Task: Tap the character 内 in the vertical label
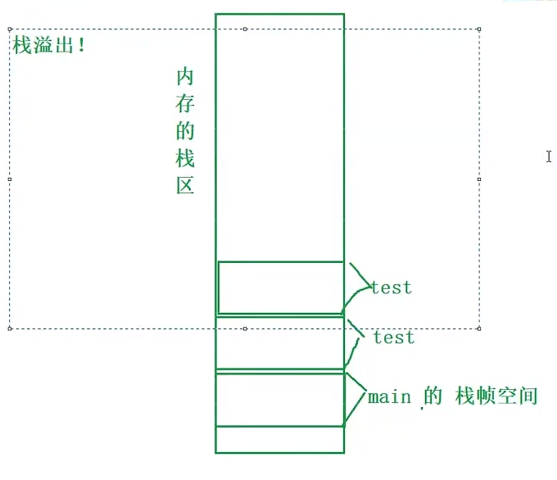pyautogui.click(x=185, y=78)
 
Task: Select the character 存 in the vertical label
pyautogui.click(x=185, y=104)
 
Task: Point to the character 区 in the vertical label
pyautogui.click(x=185, y=184)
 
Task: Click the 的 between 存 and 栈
pyautogui.click(x=185, y=131)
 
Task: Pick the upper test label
pyautogui.click(x=391, y=288)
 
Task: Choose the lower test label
pyautogui.click(x=393, y=337)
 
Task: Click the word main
pyautogui.click(x=389, y=397)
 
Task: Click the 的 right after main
pyautogui.click(x=433, y=396)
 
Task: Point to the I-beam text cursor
pyautogui.click(x=549, y=156)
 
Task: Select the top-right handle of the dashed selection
pyautogui.click(x=478, y=29)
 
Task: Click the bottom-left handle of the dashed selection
pyautogui.click(x=10, y=328)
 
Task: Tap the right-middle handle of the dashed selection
pyautogui.click(x=478, y=179)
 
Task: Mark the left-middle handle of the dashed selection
pyautogui.click(x=10, y=179)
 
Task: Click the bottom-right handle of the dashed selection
pyautogui.click(x=478, y=328)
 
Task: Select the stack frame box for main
pyautogui.click(x=279, y=399)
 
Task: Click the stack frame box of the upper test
pyautogui.click(x=279, y=288)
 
